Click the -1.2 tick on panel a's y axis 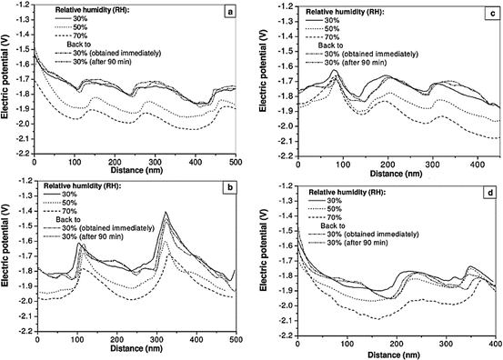tap(22, 5)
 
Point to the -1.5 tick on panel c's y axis tap(281, 49)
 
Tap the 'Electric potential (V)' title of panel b tap(6, 256)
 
